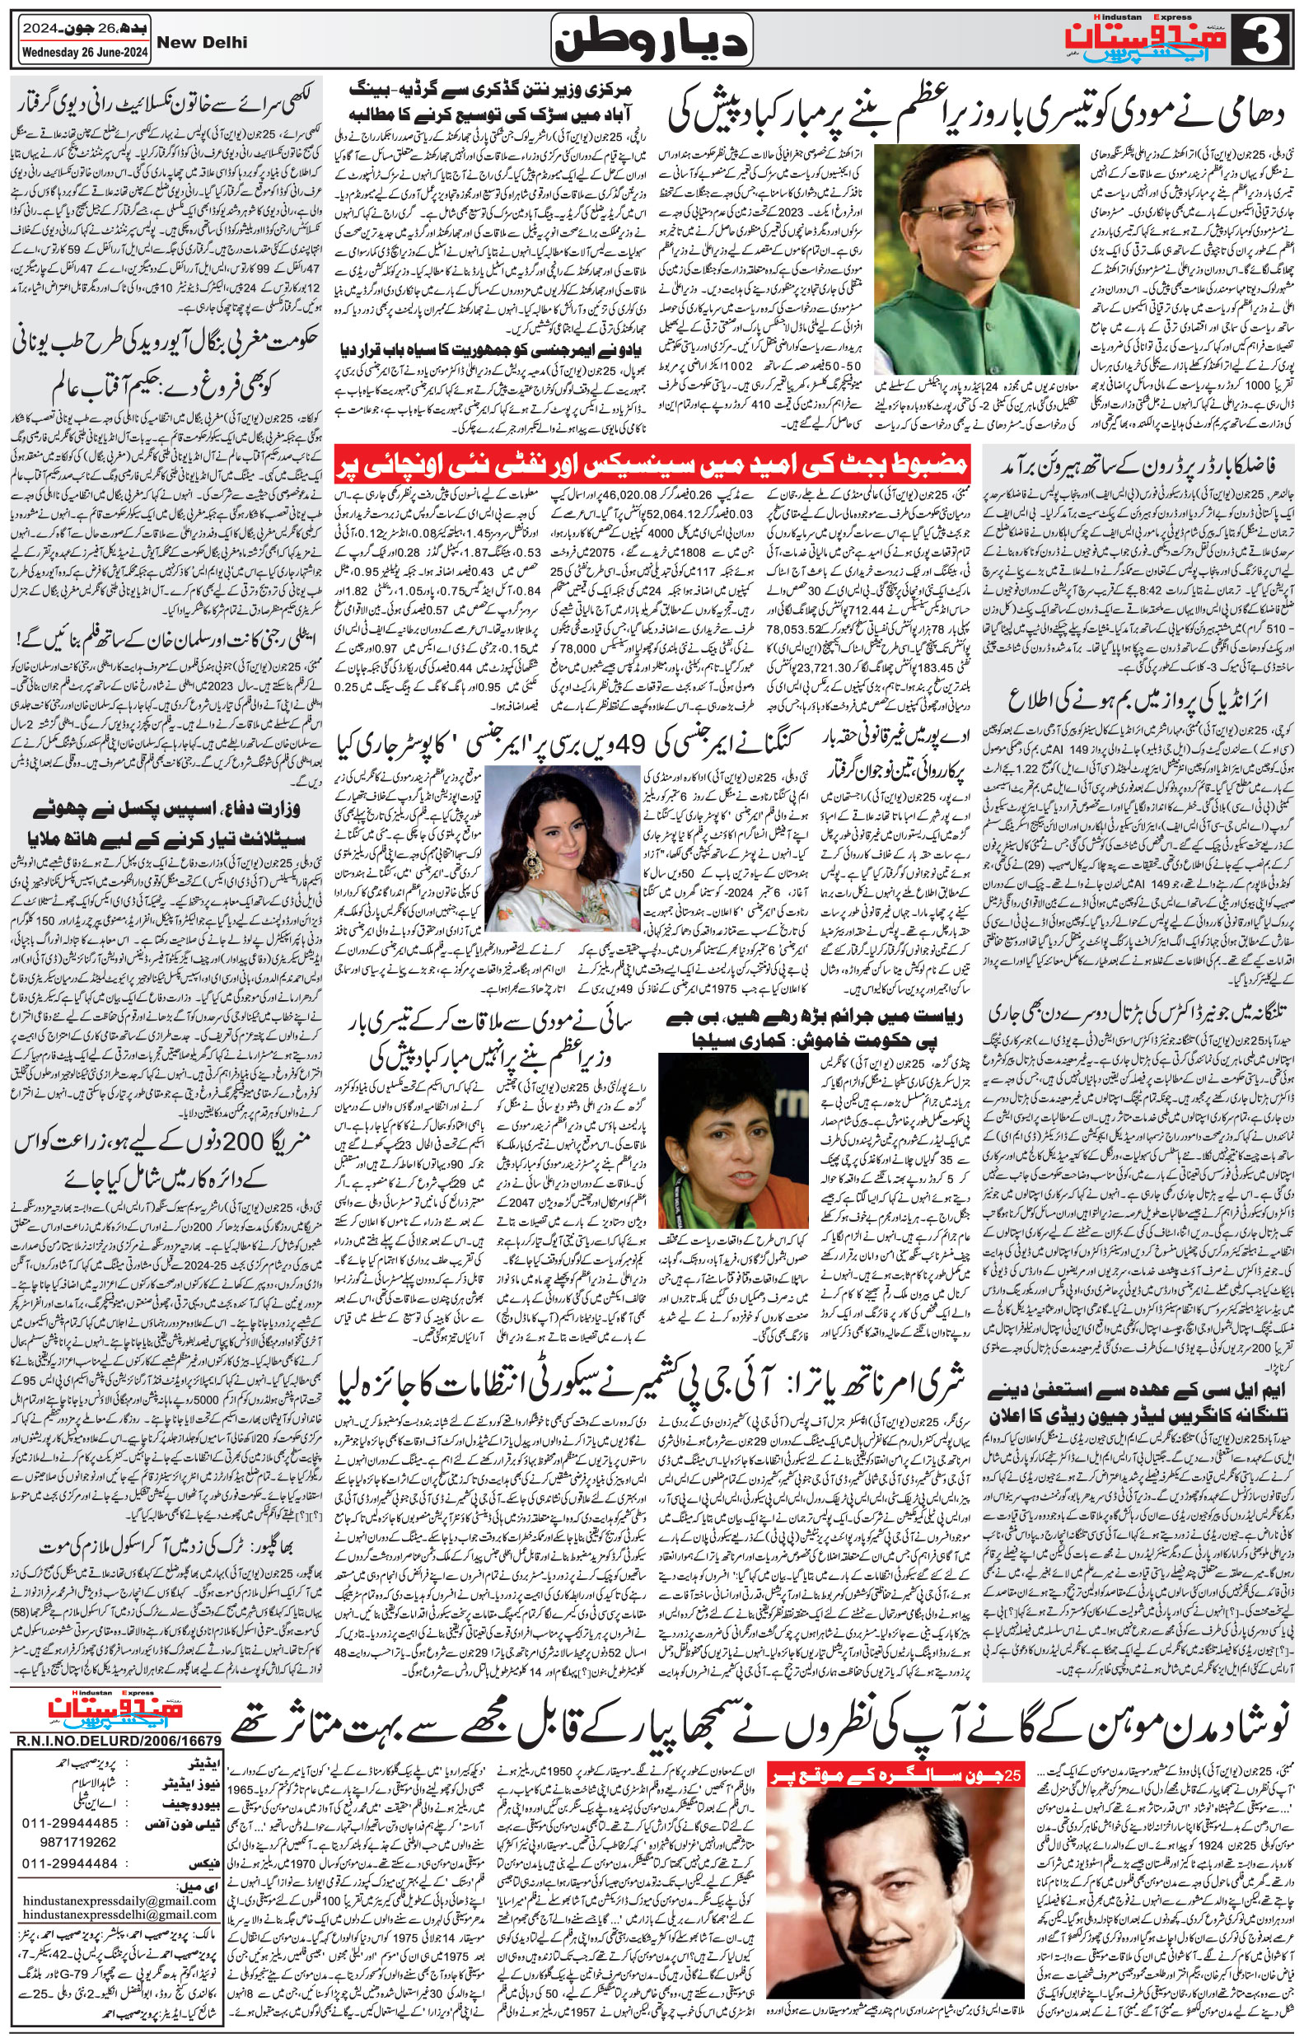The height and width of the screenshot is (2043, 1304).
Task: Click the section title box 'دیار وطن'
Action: (x=651, y=38)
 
